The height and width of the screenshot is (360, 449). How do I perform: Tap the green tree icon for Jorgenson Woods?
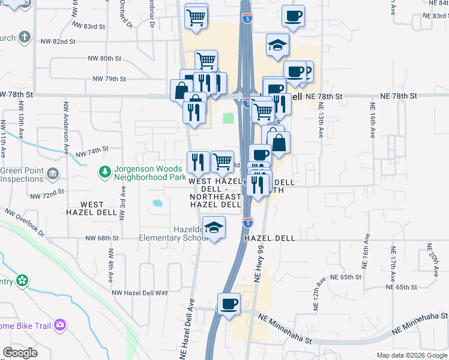pyautogui.click(x=105, y=173)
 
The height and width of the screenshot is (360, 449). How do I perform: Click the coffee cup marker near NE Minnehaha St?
pyautogui.click(x=228, y=304)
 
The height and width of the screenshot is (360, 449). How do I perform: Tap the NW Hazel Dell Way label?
pyautogui.click(x=140, y=292)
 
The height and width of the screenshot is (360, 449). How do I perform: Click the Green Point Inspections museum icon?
pyautogui.click(x=52, y=175)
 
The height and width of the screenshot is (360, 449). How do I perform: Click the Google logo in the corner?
pyautogui.click(x=20, y=353)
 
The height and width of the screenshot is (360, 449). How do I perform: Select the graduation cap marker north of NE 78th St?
pyautogui.click(x=277, y=46)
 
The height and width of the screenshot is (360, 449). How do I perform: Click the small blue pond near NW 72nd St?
pyautogui.click(x=158, y=203)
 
